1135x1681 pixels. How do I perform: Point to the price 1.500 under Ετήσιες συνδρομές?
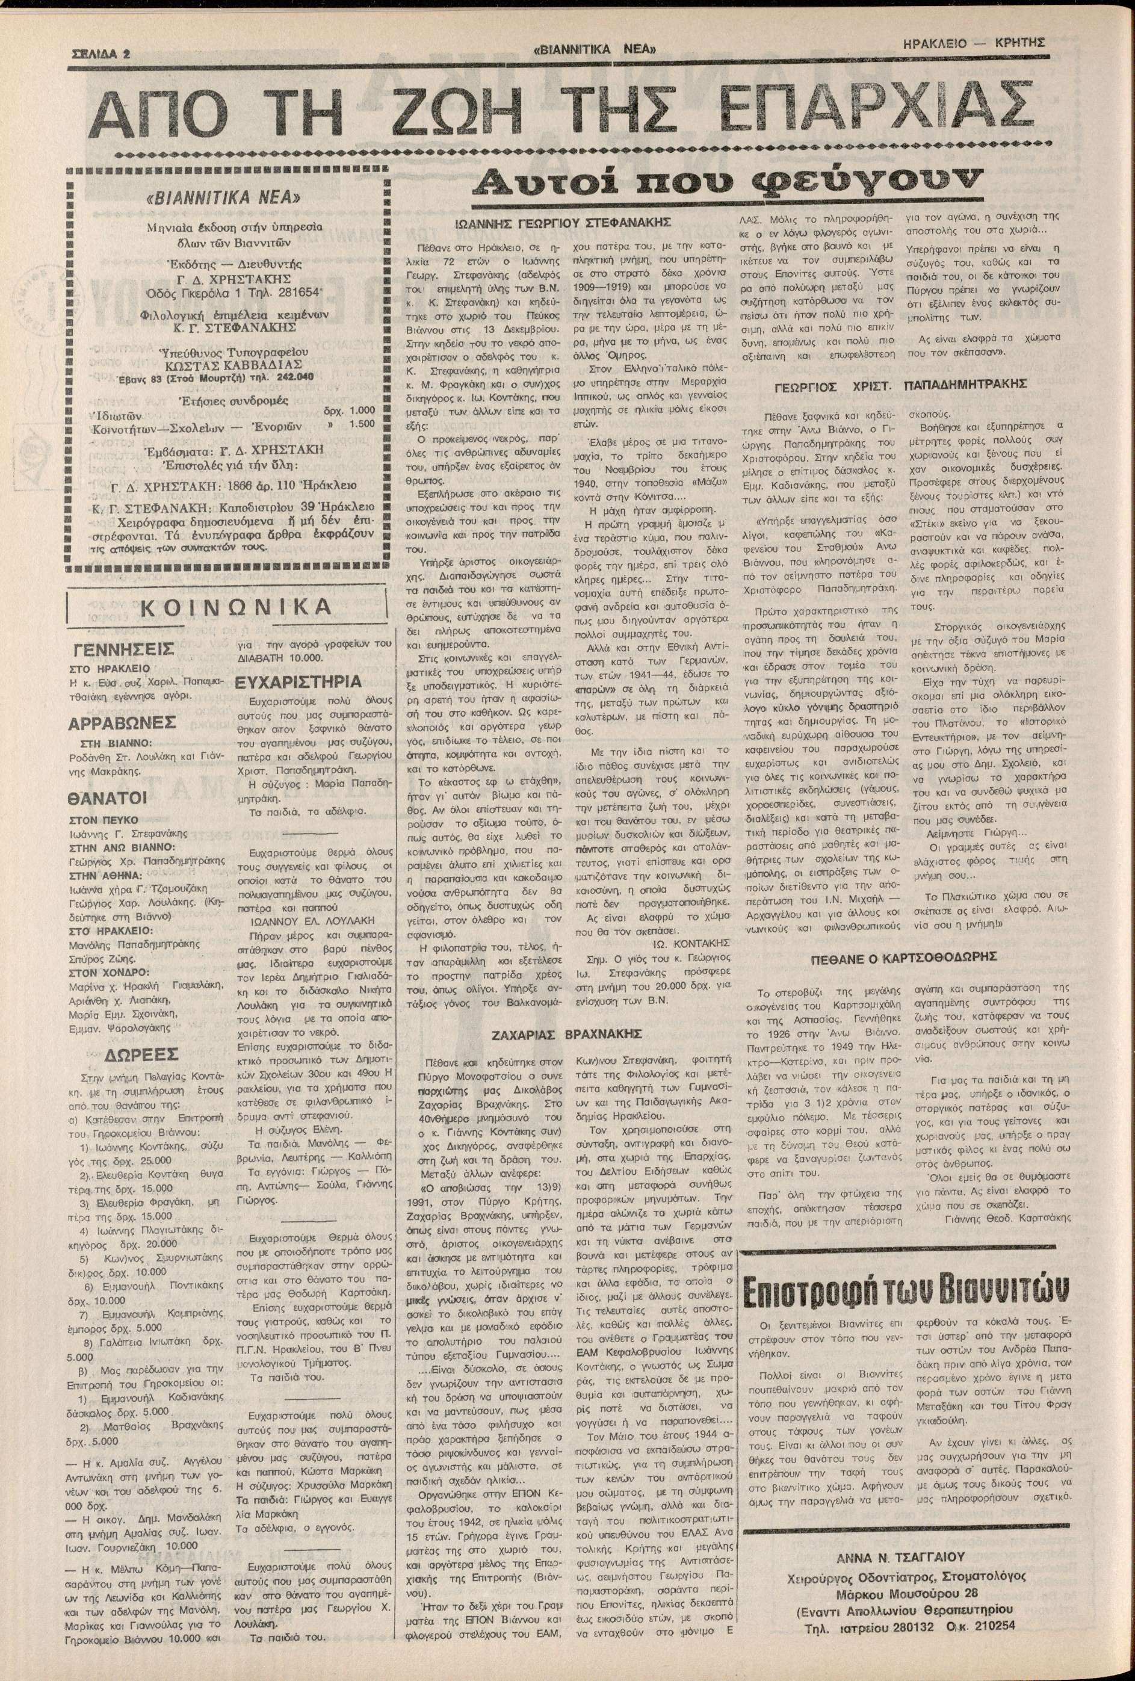click(x=362, y=424)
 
